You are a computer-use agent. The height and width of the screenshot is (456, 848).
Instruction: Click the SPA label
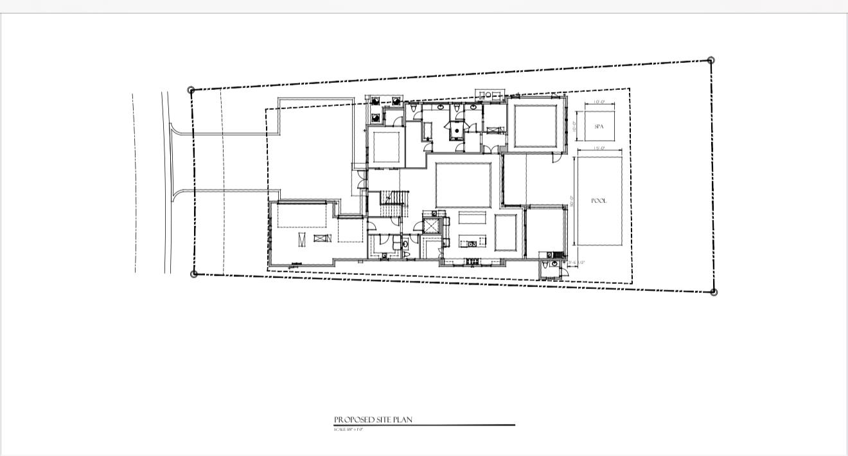tap(599, 127)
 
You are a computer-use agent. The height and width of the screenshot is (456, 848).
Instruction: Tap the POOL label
tap(599, 201)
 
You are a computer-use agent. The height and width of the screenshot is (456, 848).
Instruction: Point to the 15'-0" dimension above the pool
tap(599, 148)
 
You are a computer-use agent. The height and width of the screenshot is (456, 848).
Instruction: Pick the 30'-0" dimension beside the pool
tap(571, 201)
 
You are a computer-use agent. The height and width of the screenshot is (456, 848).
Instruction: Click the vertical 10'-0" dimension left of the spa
tap(574, 127)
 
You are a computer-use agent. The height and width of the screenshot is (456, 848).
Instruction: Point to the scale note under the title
tap(349, 429)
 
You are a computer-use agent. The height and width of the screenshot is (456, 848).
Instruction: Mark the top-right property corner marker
tap(711, 60)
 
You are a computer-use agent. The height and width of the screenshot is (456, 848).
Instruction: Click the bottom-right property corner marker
tap(714, 292)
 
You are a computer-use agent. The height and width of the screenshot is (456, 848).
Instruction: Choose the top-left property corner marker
tap(191, 91)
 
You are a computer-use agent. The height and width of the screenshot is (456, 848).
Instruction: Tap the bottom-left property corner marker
tap(194, 274)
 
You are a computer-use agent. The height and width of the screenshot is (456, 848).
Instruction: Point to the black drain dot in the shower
tap(455, 129)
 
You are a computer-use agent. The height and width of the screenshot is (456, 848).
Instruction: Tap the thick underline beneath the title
tap(424, 425)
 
